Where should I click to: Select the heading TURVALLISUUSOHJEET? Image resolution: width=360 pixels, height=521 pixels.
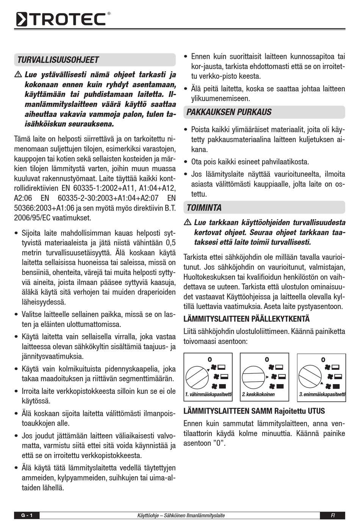point(58,60)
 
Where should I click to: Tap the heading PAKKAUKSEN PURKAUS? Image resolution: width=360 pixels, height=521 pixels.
point(229,112)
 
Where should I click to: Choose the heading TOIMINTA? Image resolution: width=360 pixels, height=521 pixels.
point(204,208)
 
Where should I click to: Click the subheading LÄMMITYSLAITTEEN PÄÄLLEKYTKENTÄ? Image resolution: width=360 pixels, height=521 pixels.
point(246,319)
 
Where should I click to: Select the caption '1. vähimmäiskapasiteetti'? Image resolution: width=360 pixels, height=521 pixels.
point(208,394)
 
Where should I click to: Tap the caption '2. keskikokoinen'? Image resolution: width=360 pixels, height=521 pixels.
point(258,394)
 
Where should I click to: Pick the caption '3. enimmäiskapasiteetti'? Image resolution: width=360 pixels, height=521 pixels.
point(322,394)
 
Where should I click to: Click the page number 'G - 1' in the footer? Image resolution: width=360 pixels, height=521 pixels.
point(27,515)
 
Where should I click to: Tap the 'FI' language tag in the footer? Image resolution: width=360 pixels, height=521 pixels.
point(332,515)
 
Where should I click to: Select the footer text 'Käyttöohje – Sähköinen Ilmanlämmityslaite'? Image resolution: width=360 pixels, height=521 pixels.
point(181,515)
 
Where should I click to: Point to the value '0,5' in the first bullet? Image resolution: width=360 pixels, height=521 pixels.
point(171,243)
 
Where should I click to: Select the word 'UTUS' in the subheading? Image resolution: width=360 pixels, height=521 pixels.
point(316,411)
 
